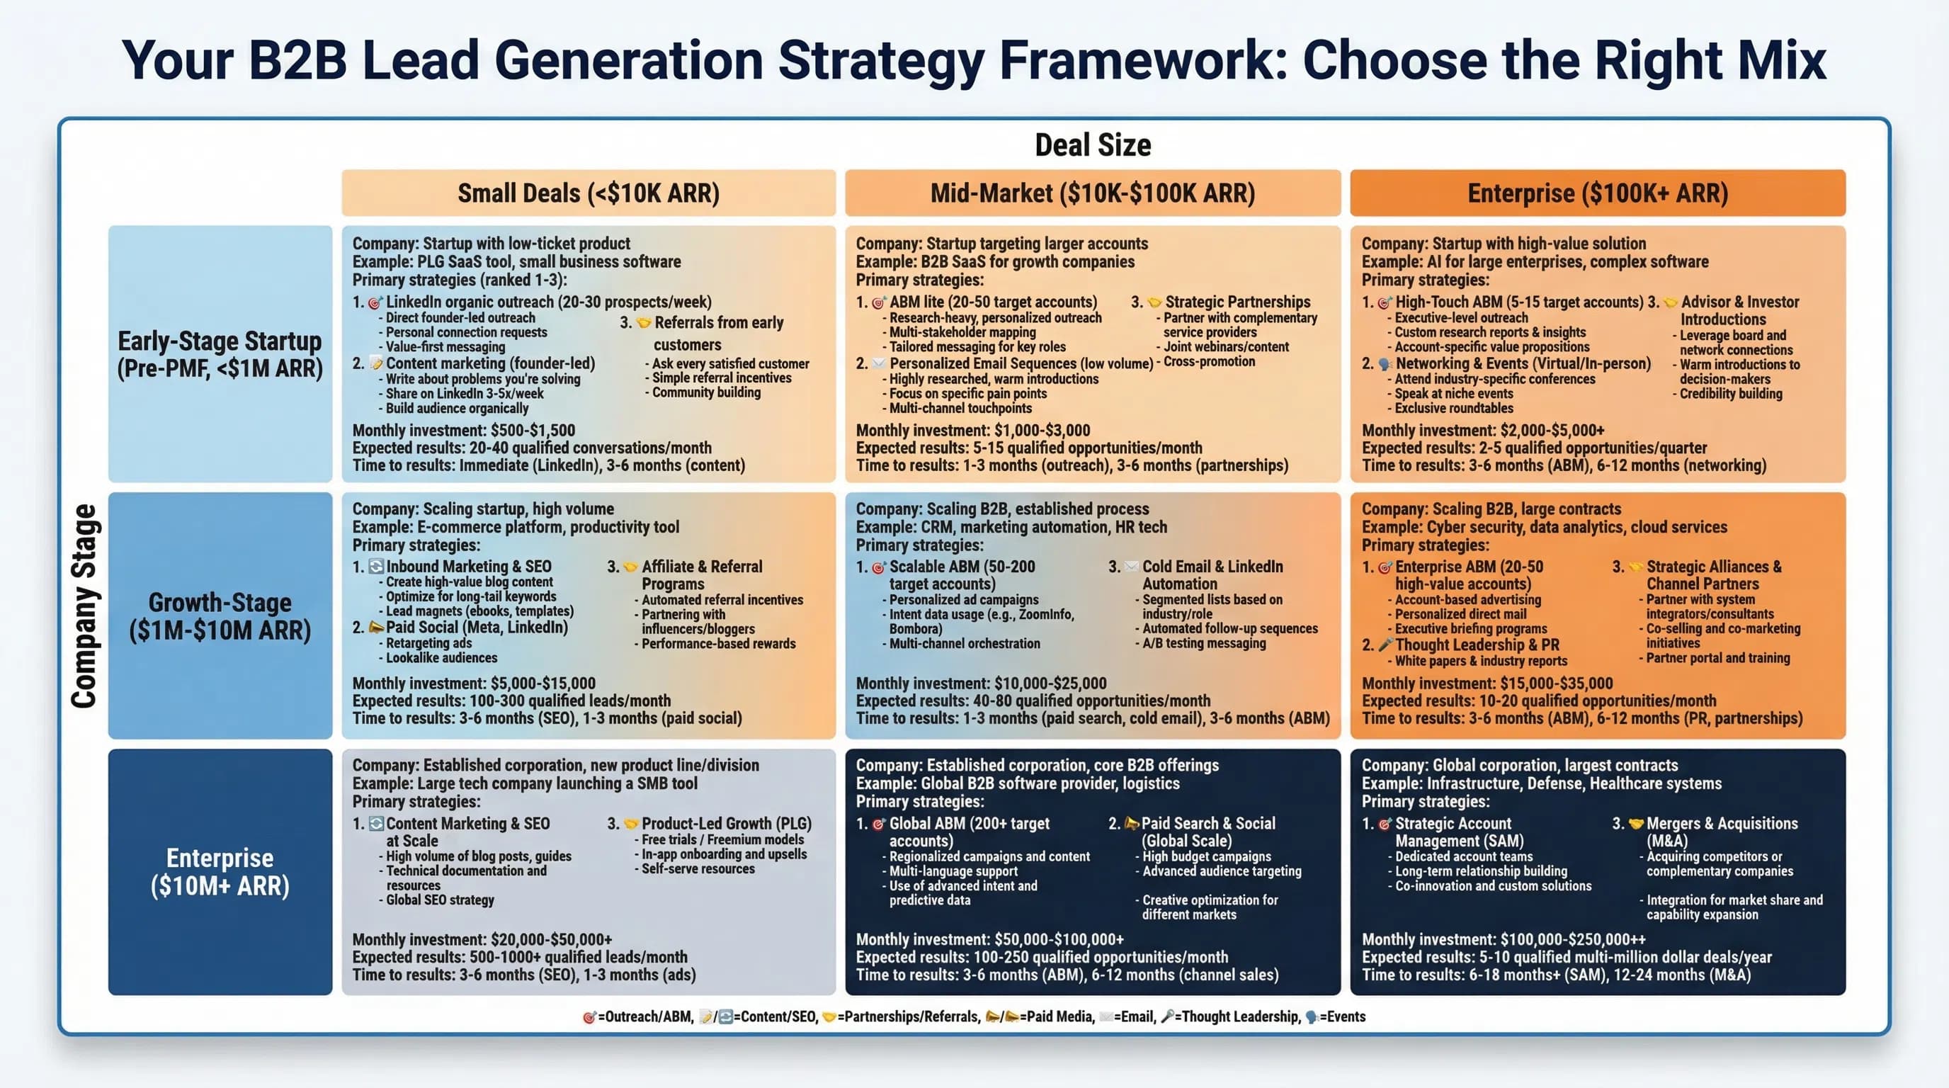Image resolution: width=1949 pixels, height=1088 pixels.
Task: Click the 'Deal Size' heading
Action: (1093, 145)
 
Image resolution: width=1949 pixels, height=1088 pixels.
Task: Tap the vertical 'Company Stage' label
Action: (84, 606)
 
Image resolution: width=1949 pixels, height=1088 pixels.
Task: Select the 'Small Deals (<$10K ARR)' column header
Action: (588, 193)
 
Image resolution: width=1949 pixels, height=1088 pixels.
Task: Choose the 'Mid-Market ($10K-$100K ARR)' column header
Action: (1092, 193)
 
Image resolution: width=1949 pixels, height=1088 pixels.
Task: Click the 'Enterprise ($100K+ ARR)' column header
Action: (1597, 193)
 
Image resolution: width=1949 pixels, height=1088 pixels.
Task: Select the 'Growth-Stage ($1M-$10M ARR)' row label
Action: (220, 616)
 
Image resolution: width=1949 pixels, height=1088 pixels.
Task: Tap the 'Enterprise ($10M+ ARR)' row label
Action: (220, 872)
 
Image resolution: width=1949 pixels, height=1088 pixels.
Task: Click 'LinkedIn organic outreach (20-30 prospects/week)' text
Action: (547, 302)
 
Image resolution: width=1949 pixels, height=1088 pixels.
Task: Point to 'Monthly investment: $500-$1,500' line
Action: (463, 431)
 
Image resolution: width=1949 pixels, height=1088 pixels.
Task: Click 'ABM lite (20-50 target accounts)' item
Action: (992, 302)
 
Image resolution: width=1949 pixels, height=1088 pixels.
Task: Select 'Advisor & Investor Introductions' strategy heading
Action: (1739, 310)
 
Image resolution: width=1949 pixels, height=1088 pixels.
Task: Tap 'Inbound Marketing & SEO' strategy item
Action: (468, 567)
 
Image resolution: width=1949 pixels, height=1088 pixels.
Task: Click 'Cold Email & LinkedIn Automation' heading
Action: (1211, 575)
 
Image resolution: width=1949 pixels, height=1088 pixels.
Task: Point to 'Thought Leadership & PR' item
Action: (1476, 645)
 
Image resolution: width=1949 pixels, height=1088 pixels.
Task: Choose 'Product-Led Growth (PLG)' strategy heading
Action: (726, 823)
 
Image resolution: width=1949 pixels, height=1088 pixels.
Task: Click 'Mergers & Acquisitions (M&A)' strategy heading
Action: (1721, 832)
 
